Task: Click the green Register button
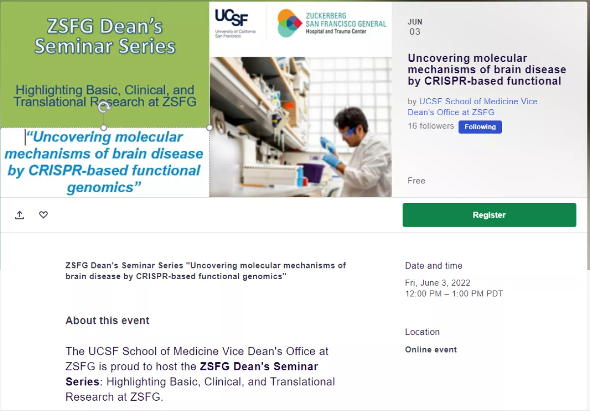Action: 489,215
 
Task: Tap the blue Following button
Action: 480,127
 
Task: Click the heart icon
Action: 43,214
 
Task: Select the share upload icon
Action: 20,215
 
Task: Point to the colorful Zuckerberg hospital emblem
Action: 289,23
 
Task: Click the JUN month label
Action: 415,22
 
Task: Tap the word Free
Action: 416,180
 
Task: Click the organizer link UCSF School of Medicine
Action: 472,107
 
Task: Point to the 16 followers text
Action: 431,126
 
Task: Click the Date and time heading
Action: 434,265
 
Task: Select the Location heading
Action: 422,332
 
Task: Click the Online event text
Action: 431,350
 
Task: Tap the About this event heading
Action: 107,321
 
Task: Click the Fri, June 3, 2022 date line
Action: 438,283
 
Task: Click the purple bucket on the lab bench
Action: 312,173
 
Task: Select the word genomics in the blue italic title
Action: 100,187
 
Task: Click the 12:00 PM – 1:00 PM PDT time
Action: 454,294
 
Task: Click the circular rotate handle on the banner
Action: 104,107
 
